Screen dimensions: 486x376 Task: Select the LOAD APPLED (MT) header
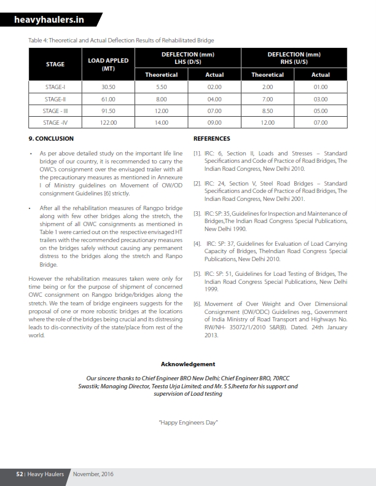click(108, 65)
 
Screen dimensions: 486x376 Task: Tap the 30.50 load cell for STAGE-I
click(108, 87)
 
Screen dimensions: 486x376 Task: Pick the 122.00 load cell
click(108, 123)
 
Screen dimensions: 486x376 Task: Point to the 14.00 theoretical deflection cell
click(162, 123)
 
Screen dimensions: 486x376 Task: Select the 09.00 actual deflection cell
click(214, 123)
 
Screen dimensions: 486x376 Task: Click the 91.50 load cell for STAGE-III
click(108, 111)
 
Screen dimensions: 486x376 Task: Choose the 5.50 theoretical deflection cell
click(162, 87)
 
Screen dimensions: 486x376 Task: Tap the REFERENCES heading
click(211, 139)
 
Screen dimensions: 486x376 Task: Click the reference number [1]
click(197, 153)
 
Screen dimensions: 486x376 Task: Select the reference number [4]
click(197, 244)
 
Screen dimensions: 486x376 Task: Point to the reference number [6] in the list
click(197, 304)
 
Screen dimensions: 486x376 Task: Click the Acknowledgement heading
click(187, 364)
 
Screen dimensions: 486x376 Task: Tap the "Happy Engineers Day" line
click(188, 423)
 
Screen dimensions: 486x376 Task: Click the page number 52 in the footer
click(20, 474)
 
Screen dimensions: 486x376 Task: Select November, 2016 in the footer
click(93, 474)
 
